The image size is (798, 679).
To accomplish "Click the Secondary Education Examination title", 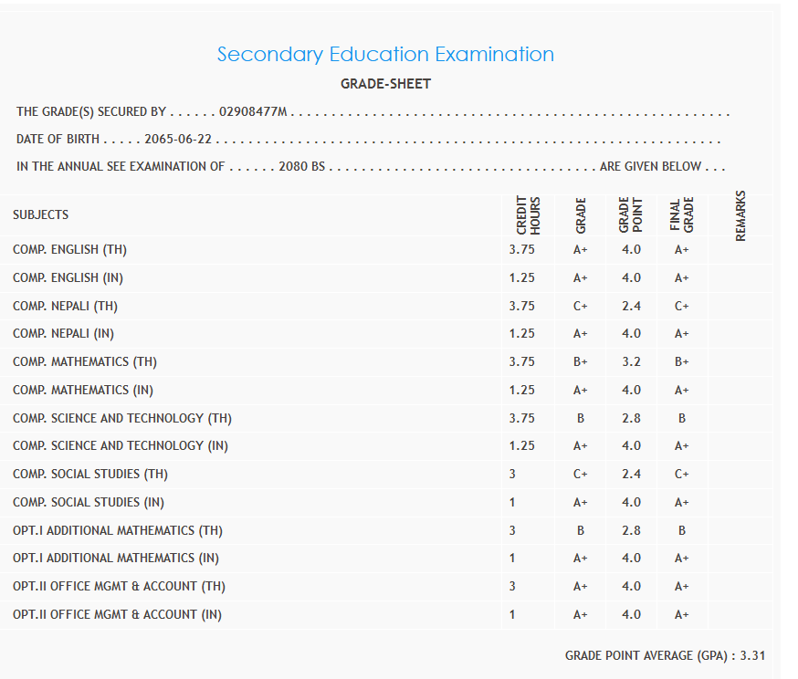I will pos(385,55).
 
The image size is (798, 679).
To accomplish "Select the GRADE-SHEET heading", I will pos(385,84).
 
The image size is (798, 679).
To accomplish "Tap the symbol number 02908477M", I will pos(253,112).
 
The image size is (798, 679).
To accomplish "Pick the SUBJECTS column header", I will pos(40,215).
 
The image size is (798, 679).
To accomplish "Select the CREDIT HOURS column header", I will pos(529,215).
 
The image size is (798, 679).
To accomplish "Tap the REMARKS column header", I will pos(740,215).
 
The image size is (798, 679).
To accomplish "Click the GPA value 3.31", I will pos(752,655).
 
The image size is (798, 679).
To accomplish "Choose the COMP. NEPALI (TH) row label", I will pos(65,306).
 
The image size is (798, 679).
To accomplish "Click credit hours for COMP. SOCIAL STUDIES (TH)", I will pos(512,474).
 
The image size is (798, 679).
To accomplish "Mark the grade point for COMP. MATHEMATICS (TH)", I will pos(631,361).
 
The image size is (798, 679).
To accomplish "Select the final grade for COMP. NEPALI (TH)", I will pos(681,306).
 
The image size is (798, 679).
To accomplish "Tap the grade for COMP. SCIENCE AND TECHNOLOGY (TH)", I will pos(581,418).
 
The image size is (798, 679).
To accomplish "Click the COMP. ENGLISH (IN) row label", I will pos(68,277).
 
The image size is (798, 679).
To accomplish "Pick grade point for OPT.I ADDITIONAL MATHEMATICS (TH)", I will pos(631,530).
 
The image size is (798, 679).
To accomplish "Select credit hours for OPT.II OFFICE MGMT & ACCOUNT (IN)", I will pos(512,614).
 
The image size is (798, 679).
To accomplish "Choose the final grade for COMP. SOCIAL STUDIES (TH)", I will pos(681,474).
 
